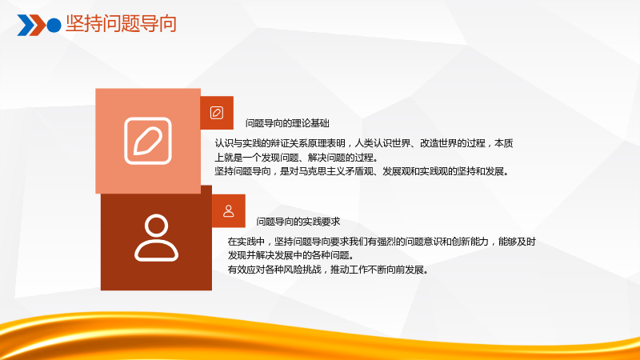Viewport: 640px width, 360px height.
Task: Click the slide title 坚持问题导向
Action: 122,24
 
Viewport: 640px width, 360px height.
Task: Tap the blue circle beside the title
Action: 54,26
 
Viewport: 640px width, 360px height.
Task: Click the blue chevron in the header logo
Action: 26,26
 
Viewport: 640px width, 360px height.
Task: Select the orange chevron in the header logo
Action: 38,26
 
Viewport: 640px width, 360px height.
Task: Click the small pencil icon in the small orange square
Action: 217,113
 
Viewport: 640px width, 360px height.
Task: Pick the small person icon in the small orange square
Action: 229,211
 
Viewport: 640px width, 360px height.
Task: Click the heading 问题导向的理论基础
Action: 287,123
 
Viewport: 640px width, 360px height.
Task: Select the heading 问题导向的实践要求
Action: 298,222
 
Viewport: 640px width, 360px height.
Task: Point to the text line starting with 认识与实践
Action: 364,143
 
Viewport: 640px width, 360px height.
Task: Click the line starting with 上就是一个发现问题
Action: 297,158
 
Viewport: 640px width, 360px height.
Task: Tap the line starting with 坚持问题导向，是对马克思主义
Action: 362,171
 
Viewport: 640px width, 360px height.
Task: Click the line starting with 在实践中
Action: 382,242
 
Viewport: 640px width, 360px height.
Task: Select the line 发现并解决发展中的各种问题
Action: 291,255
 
